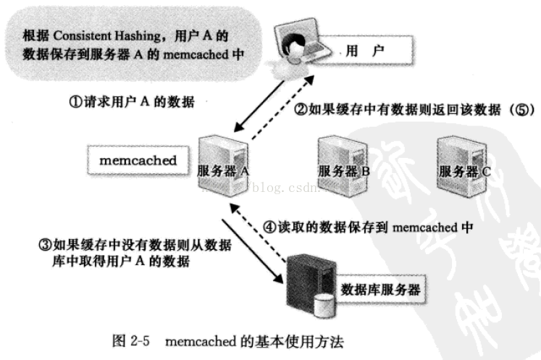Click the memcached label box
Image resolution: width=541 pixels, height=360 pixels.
pos(137,160)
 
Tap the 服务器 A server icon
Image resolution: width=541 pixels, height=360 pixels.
pos(221,164)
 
